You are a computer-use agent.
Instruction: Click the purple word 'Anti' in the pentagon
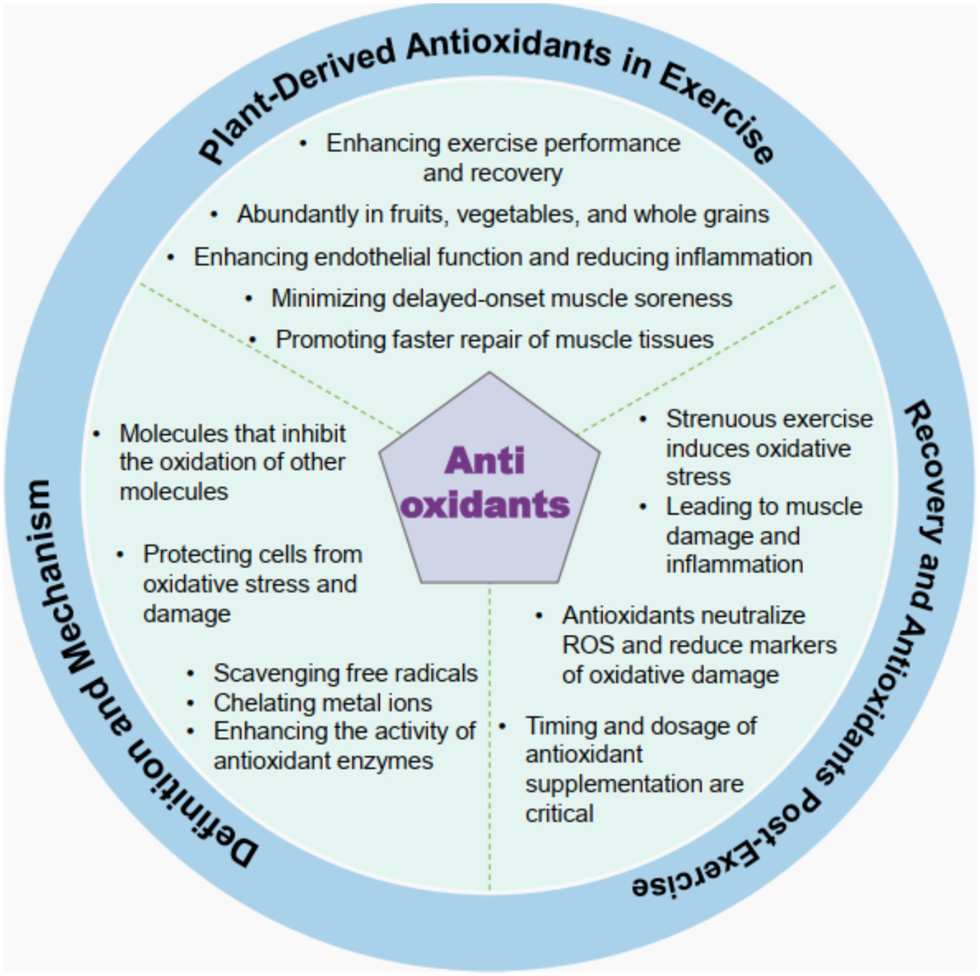pyautogui.click(x=485, y=461)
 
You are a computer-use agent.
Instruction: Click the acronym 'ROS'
pyautogui.click(x=588, y=646)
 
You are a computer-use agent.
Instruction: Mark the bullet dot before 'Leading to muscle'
pyautogui.click(x=643, y=507)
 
